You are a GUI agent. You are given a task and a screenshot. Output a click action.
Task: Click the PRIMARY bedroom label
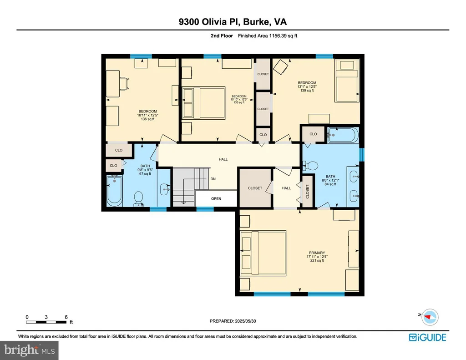click(x=317, y=253)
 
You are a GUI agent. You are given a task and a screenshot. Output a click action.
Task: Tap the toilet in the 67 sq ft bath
click(x=138, y=199)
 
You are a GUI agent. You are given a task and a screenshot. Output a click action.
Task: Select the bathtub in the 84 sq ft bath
click(x=343, y=135)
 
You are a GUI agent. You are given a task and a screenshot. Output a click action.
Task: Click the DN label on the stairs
click(x=213, y=179)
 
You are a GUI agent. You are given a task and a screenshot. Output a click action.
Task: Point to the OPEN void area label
click(x=216, y=198)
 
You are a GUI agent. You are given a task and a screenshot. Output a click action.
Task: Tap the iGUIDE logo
click(x=428, y=337)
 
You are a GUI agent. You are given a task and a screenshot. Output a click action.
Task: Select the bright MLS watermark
click(x=29, y=350)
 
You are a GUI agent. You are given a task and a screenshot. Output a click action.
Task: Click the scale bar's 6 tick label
click(x=66, y=317)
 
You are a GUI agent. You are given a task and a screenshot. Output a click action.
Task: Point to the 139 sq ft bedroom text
click(x=307, y=91)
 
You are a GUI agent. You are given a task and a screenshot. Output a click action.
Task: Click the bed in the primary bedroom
click(x=263, y=253)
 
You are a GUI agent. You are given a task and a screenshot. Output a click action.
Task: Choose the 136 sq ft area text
click(x=148, y=119)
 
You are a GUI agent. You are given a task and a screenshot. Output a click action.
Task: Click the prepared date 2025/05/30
click(x=245, y=321)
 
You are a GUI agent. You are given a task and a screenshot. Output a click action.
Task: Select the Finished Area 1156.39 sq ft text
click(x=268, y=35)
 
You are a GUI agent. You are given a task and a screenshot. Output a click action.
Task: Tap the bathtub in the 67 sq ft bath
click(x=114, y=190)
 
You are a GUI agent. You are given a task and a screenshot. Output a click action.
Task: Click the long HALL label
click(x=223, y=159)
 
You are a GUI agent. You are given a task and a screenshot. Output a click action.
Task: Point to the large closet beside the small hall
click(x=255, y=188)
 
